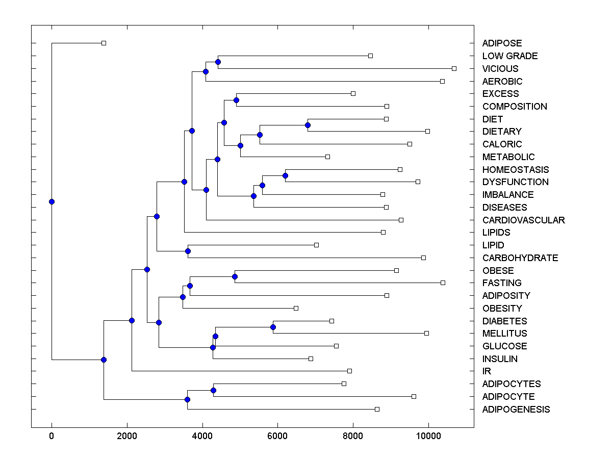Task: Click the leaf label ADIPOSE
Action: coord(502,43)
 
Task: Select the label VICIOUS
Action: coord(500,68)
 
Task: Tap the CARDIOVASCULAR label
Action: coord(523,220)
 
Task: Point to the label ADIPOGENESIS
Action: coord(516,409)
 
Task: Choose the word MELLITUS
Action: coord(504,333)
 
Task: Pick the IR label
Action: coord(487,371)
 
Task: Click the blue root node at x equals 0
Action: coord(52,201)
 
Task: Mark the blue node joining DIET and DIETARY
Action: coord(308,125)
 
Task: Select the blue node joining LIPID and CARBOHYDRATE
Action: coord(188,251)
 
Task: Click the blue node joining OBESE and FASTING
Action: coord(235,276)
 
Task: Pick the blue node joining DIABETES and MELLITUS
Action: coord(273,327)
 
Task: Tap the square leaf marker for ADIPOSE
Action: coord(104,43)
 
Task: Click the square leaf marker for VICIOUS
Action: coord(454,68)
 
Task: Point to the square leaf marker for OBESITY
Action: coord(296,308)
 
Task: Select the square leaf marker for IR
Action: coord(349,371)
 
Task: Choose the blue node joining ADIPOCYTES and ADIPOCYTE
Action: coord(213,390)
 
